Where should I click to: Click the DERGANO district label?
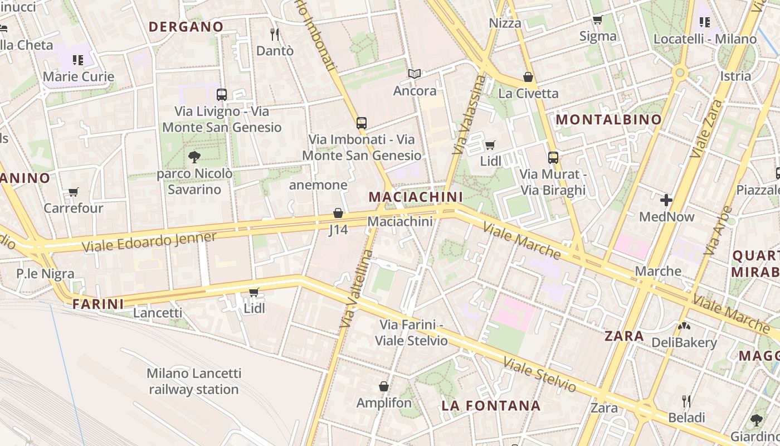click(186, 27)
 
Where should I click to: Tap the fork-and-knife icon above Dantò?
click(274, 35)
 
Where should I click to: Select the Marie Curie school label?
click(78, 76)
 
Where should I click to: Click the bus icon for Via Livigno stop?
click(222, 94)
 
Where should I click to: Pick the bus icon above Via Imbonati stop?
click(362, 123)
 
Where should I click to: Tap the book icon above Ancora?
click(415, 74)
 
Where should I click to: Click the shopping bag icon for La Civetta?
click(528, 77)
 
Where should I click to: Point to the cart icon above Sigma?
click(597, 20)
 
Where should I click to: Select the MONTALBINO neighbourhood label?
click(608, 119)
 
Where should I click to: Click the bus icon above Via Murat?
click(553, 157)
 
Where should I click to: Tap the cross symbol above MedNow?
click(666, 200)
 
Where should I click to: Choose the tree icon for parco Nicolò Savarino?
click(194, 157)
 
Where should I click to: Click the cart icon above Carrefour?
click(73, 192)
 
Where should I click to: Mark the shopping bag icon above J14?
click(338, 213)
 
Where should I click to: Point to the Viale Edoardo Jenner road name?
click(149, 241)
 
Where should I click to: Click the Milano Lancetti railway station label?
click(194, 381)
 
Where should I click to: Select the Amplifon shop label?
click(384, 403)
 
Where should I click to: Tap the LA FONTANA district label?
click(491, 406)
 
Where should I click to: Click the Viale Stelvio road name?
click(539, 375)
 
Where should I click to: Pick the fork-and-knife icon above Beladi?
click(686, 401)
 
